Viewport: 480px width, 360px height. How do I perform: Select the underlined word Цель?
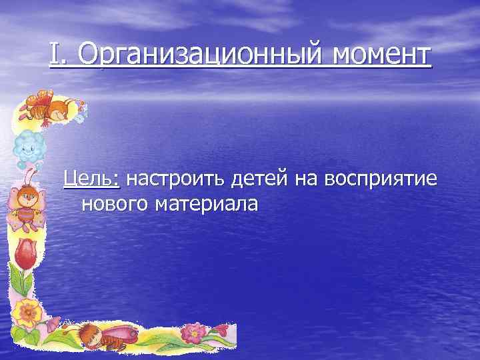(91, 179)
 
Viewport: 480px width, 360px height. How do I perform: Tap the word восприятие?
(380, 179)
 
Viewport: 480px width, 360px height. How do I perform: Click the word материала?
(207, 204)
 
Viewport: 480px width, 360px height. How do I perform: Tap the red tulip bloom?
(25, 253)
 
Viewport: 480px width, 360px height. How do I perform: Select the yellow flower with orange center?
(26, 310)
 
